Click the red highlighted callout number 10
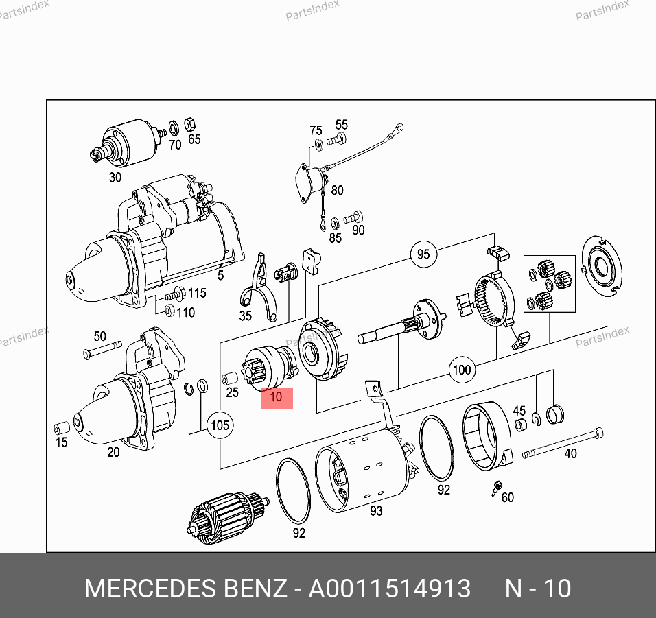pos(277,398)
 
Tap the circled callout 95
pos(423,254)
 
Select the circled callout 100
pos(462,370)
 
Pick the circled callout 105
pos(220,425)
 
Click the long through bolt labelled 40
pos(563,443)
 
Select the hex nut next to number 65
pos(190,124)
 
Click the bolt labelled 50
pos(102,350)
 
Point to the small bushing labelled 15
pos(62,428)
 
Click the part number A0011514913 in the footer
pos(390,589)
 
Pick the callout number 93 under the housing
pos(376,511)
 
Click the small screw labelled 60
pos(497,488)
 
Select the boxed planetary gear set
pos(550,284)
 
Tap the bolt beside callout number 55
pos(336,140)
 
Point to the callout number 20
pos(113,452)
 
